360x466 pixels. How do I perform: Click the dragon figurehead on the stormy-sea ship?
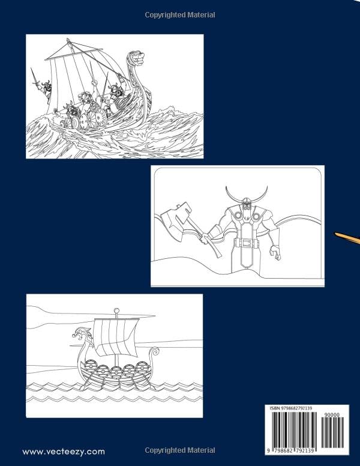point(138,59)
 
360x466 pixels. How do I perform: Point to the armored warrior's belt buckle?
point(244,243)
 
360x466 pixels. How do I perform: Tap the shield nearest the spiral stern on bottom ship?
point(143,368)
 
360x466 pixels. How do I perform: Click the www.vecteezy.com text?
point(64,451)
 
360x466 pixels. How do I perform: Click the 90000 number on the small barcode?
point(332,415)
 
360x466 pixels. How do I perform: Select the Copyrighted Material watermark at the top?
point(180,14)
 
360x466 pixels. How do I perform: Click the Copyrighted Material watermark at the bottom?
point(180,450)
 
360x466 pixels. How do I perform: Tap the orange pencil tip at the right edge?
point(347,238)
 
